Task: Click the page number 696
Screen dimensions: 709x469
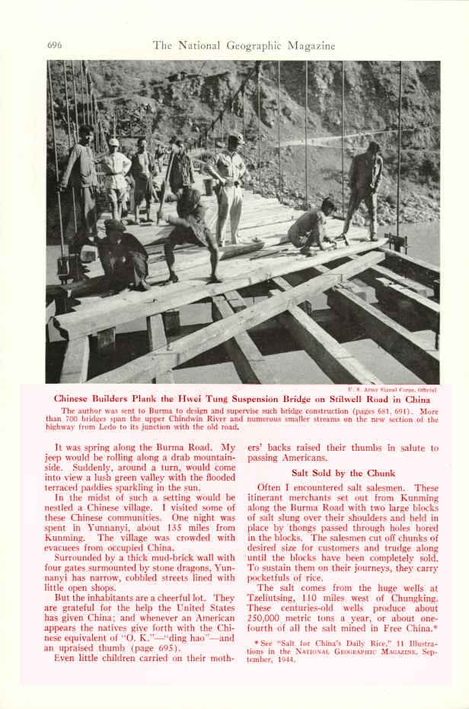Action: coord(54,46)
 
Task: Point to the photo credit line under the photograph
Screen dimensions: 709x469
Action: coord(391,389)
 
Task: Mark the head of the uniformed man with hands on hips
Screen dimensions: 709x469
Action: coord(237,139)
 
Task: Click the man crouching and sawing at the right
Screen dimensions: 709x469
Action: coord(312,226)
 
